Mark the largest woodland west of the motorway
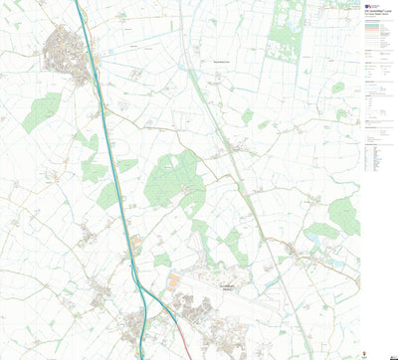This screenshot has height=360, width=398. point(42,110)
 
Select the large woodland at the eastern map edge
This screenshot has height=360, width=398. point(344,214)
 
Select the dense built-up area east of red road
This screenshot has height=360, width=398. point(214,318)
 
